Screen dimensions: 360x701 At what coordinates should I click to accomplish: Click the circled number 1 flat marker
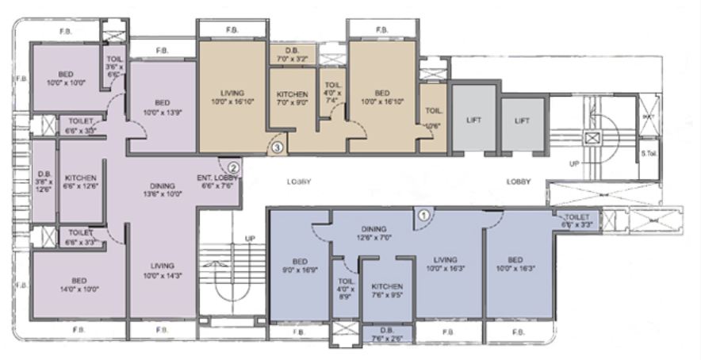423,213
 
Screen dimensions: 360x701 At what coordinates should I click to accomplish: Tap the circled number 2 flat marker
233,167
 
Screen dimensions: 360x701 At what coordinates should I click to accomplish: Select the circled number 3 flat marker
277,147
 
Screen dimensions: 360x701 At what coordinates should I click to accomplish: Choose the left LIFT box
474,121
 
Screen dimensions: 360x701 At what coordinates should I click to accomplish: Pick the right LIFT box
522,121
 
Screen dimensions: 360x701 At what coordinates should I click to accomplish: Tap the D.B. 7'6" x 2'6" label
387,335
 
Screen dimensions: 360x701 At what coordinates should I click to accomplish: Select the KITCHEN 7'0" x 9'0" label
293,98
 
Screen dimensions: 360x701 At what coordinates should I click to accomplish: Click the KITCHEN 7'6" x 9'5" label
387,290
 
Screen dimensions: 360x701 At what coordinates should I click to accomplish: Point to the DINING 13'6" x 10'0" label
162,190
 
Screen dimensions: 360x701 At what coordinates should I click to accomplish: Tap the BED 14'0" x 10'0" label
79,284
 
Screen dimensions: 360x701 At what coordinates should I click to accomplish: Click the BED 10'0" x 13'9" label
162,107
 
